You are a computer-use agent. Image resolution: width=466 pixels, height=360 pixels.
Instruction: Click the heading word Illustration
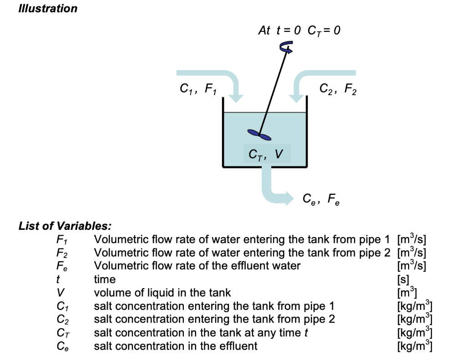(48, 9)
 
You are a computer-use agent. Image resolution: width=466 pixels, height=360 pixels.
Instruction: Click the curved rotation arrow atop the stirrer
(286, 47)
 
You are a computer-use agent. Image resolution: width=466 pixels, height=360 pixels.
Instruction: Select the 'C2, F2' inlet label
(338, 90)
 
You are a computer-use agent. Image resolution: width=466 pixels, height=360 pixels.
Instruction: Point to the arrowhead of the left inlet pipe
(236, 97)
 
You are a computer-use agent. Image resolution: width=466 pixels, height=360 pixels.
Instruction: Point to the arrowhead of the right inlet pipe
(298, 97)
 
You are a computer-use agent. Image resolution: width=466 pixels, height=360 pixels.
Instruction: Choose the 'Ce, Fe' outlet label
(321, 199)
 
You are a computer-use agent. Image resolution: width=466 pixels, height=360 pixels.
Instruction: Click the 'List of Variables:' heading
(65, 226)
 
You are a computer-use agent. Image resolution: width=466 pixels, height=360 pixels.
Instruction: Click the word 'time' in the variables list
(105, 279)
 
